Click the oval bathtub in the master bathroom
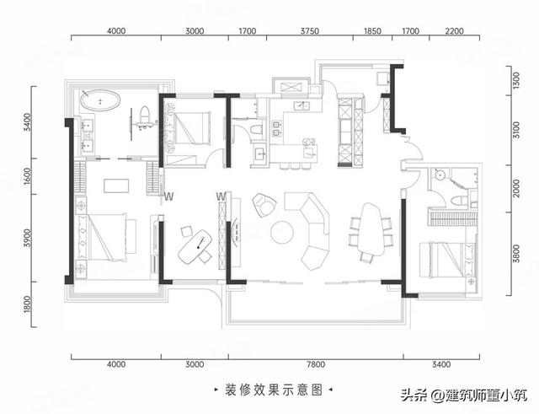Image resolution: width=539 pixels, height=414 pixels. pyautogui.click(x=100, y=100)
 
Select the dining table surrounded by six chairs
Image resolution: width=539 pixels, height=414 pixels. pyautogui.click(x=371, y=229)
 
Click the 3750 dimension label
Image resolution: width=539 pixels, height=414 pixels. pyautogui.click(x=310, y=31)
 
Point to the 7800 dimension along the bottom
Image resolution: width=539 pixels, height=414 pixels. pyautogui.click(x=315, y=364)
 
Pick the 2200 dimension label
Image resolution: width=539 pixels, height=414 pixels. pyautogui.click(x=455, y=31)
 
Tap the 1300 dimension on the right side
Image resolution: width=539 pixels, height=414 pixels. pyautogui.click(x=516, y=81)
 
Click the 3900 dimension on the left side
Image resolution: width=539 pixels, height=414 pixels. pyautogui.click(x=28, y=238)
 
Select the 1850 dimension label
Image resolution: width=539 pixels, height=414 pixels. pyautogui.click(x=372, y=31)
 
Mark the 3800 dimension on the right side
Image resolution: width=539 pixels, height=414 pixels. pyautogui.click(x=516, y=254)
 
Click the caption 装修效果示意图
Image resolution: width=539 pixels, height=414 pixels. pyautogui.click(x=274, y=390)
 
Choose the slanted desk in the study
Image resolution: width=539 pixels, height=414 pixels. pyautogui.click(x=195, y=247)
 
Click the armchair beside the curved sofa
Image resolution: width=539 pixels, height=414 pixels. pyautogui.click(x=264, y=205)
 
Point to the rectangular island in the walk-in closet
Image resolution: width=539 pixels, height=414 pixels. pyautogui.click(x=116, y=185)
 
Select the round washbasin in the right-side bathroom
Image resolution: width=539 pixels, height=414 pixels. pyautogui.click(x=440, y=175)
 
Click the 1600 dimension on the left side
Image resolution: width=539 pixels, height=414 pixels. pyautogui.click(x=28, y=176)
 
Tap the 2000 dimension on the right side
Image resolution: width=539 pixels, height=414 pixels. pyautogui.click(x=516, y=188)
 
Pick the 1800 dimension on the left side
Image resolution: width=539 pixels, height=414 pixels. pyautogui.click(x=28, y=304)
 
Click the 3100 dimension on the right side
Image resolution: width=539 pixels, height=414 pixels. pyautogui.click(x=516, y=130)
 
